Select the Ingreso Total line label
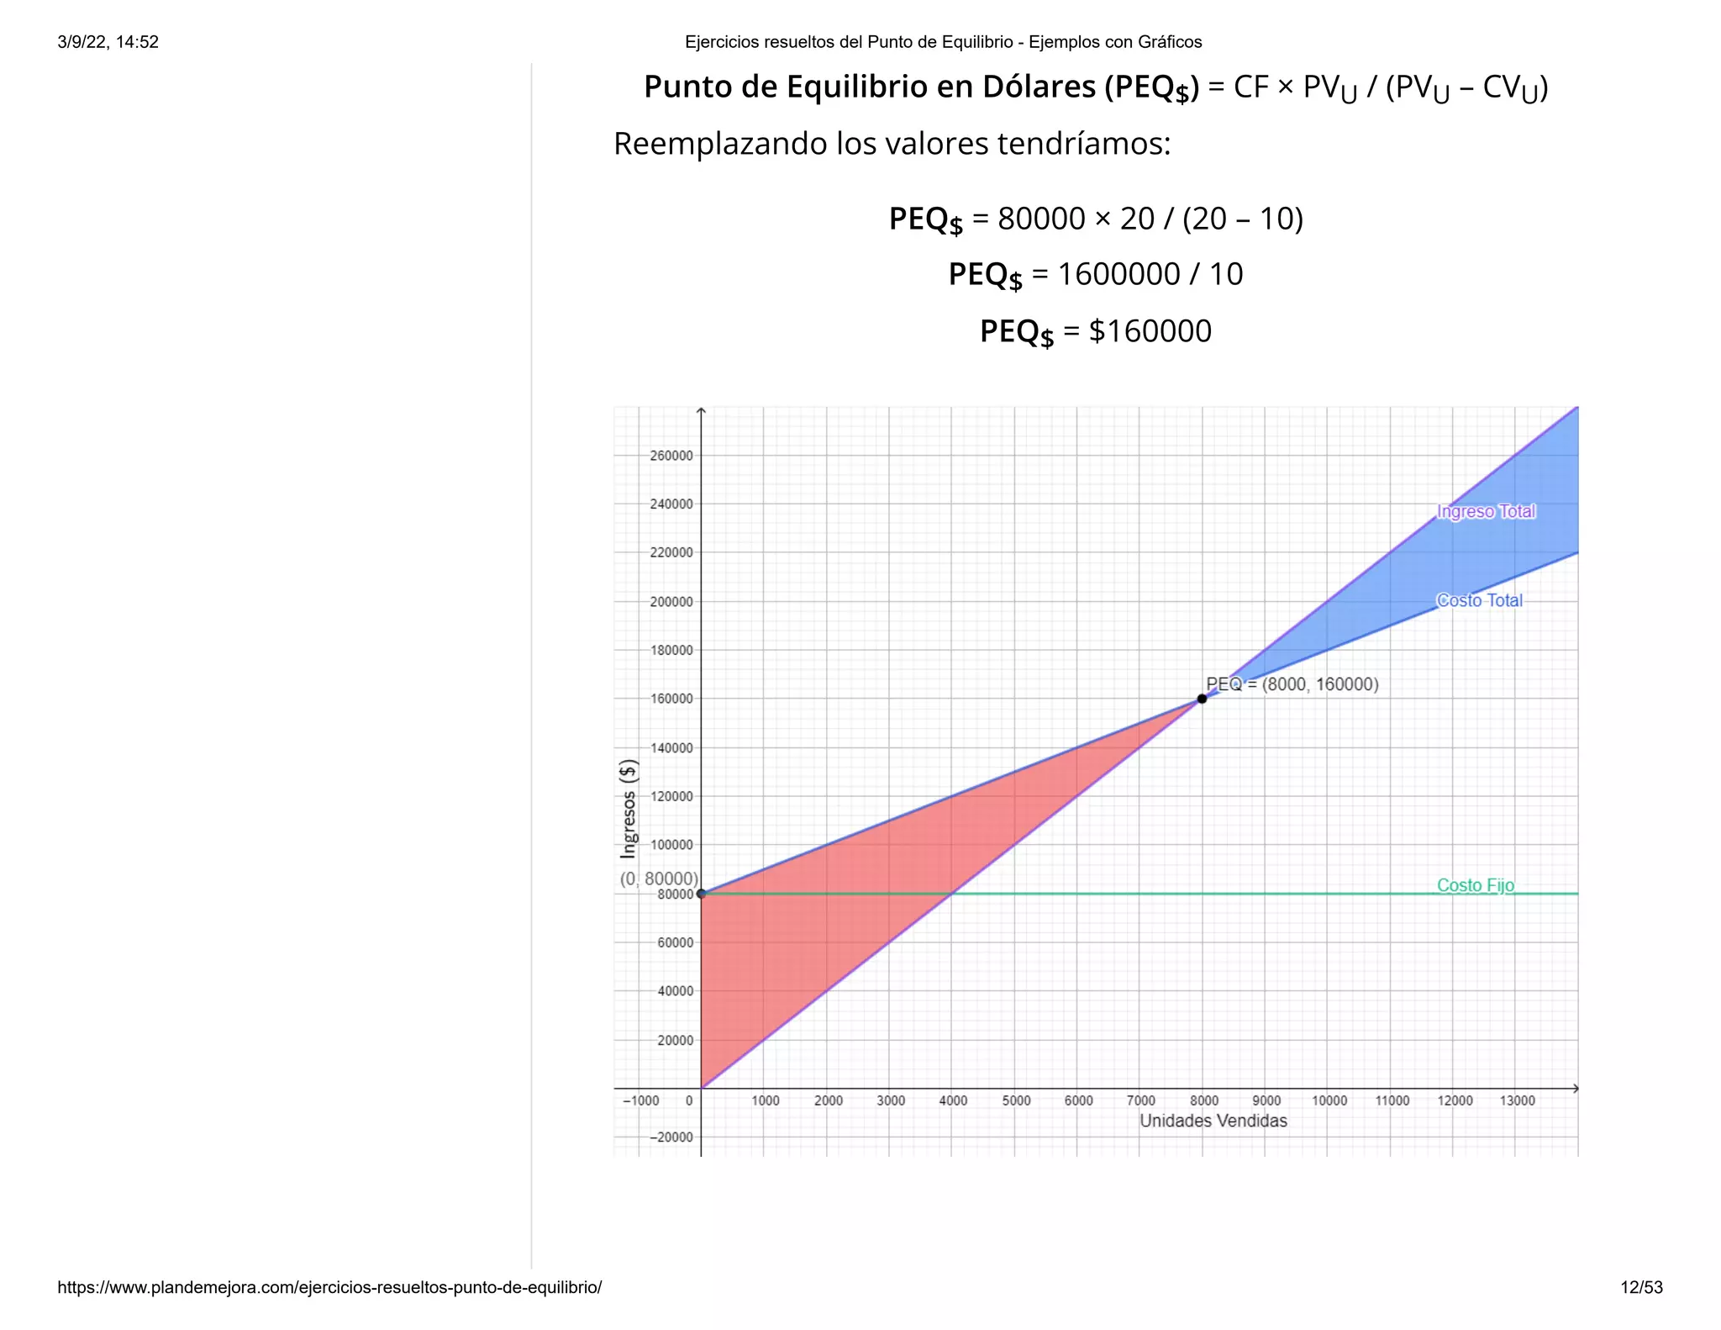(1486, 511)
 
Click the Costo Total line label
(1479, 600)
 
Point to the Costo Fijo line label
(1475, 885)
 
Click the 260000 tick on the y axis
(671, 456)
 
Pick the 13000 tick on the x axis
(1517, 1100)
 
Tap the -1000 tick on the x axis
(640, 1100)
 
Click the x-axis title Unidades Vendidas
(1213, 1121)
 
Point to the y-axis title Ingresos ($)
(629, 808)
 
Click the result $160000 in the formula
(1150, 331)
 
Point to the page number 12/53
(1641, 1287)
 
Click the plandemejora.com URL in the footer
(329, 1287)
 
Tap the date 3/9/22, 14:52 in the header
(108, 42)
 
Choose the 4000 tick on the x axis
(953, 1100)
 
